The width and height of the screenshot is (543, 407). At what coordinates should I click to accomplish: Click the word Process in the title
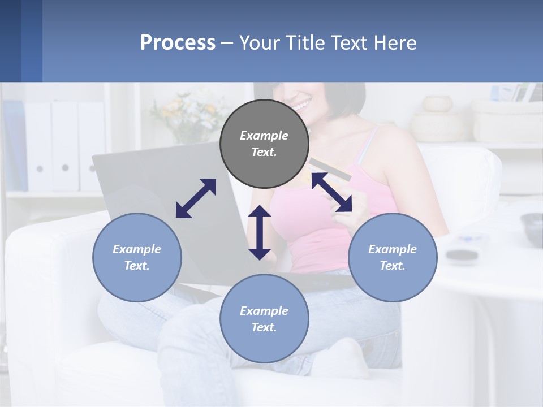point(178,43)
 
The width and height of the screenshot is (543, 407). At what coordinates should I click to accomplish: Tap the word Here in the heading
point(394,43)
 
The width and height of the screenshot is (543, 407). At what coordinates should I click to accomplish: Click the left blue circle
point(137,257)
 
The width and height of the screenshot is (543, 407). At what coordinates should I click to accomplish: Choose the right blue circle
point(393,257)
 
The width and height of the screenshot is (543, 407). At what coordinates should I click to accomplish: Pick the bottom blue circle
point(264,319)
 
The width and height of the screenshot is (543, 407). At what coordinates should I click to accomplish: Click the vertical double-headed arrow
point(260,232)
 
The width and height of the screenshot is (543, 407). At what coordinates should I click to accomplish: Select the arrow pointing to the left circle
point(196,198)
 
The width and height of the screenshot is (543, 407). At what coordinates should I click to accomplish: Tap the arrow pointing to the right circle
point(331,193)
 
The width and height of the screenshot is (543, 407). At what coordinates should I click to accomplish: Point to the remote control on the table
point(461,254)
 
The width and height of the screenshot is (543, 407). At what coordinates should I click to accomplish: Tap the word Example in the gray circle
point(264,136)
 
